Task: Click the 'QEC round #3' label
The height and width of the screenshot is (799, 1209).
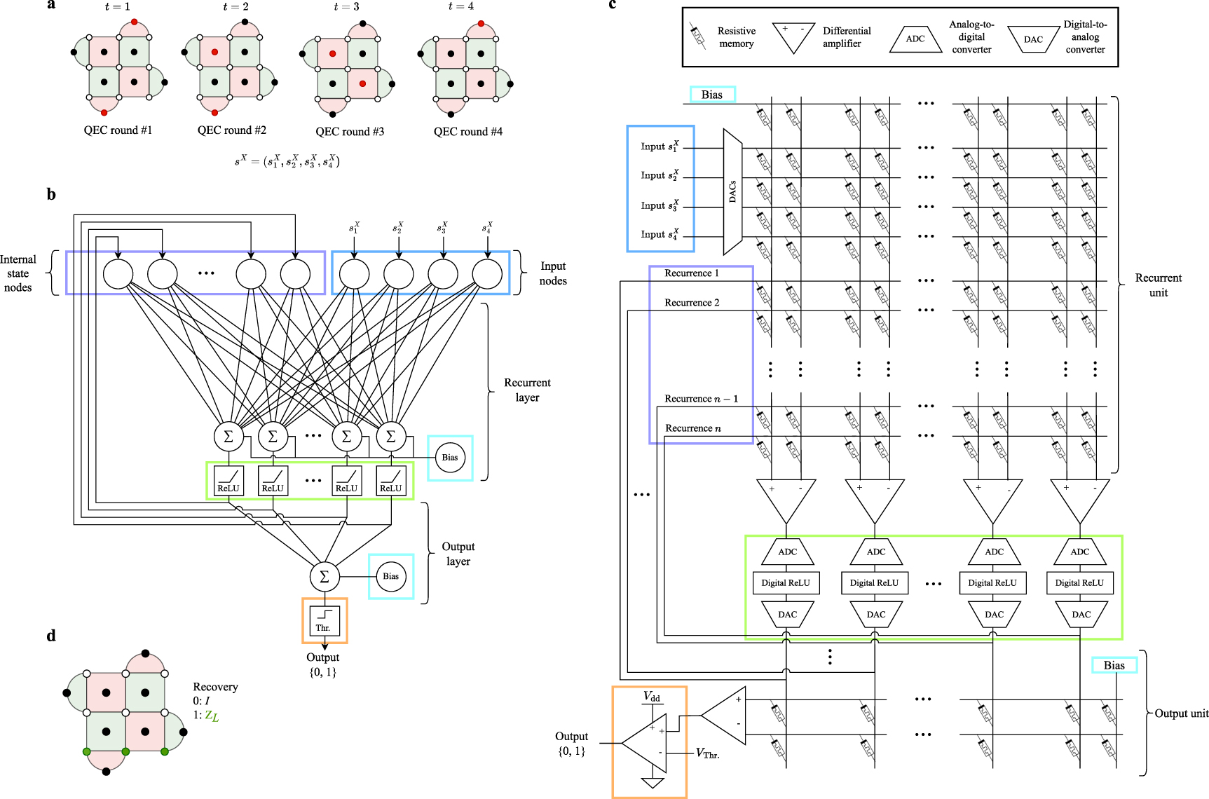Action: point(350,132)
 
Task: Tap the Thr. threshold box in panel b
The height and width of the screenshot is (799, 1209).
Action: point(324,621)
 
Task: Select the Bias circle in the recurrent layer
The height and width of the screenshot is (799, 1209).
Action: point(450,458)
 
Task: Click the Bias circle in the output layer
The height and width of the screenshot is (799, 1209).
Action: point(391,576)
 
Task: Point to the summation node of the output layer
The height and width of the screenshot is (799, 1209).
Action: point(325,576)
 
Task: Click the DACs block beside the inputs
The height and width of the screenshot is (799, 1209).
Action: point(732,191)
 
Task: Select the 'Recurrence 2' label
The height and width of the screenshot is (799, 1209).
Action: point(692,303)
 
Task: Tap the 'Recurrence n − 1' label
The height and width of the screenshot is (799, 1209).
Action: point(701,399)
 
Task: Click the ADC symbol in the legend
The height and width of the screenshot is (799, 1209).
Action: point(915,39)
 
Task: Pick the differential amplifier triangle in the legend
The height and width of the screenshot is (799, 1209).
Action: point(794,38)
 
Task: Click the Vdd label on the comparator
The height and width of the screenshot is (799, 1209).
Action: point(652,697)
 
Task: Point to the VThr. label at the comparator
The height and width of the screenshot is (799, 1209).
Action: point(707,753)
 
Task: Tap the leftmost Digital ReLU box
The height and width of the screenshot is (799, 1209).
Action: point(786,583)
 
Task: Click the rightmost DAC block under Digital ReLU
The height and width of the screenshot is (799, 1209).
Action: point(1081,615)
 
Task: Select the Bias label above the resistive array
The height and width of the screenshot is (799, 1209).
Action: point(712,95)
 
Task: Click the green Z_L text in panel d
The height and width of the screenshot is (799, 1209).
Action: point(212,716)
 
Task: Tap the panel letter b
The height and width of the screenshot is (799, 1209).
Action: point(51,195)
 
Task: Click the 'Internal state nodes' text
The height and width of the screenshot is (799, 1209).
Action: point(18,273)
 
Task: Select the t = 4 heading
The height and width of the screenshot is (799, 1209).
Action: point(460,6)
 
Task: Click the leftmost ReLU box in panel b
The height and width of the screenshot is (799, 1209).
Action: point(228,481)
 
